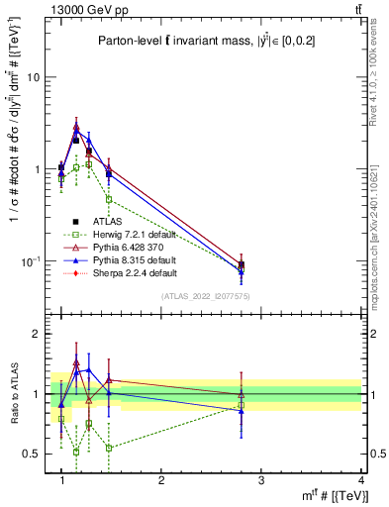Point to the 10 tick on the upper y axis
pos(34,77)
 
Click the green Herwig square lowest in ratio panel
pos(76,452)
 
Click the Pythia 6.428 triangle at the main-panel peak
pos(76,127)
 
